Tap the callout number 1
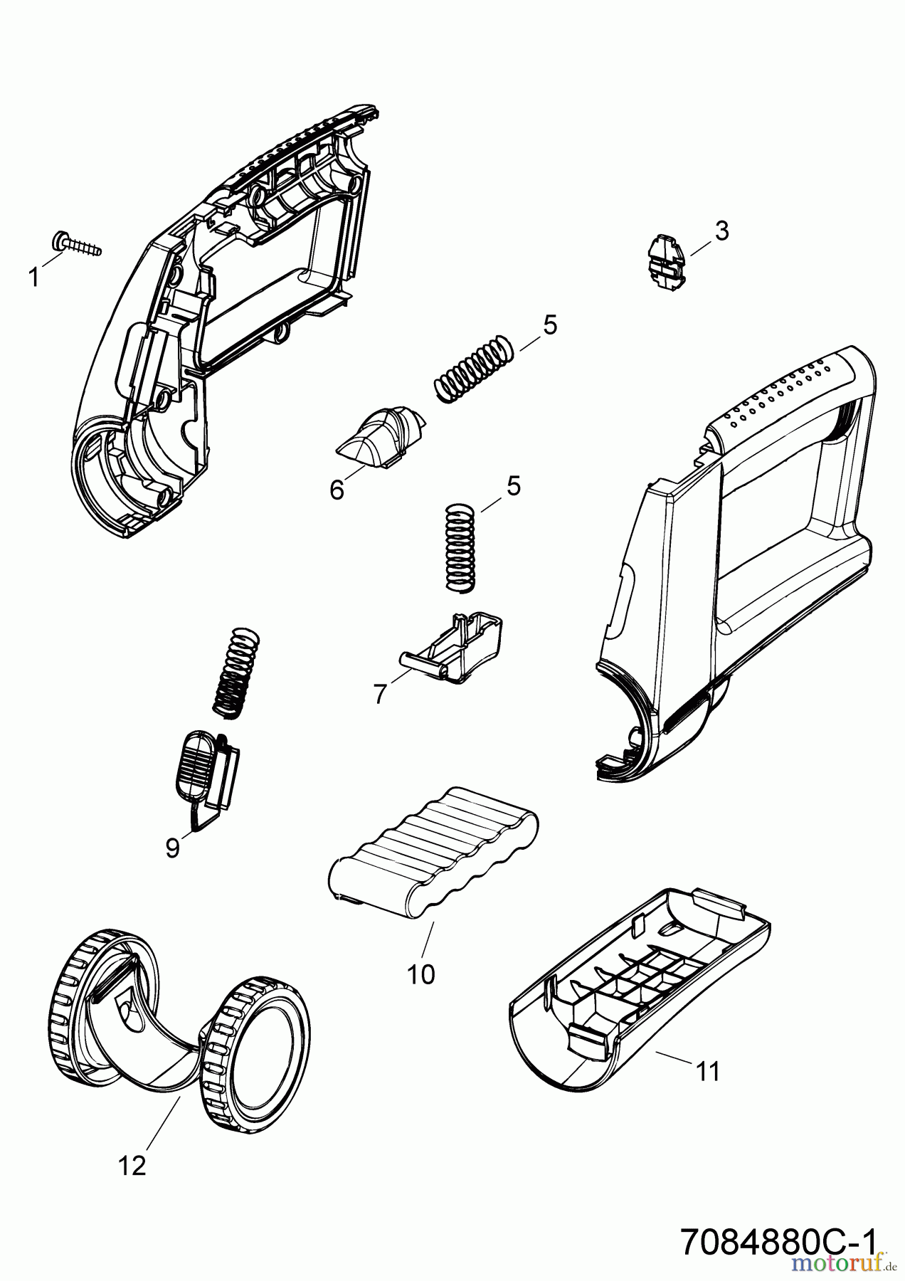33,278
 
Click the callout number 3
721,231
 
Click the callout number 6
337,490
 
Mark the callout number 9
173,848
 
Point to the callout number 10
420,974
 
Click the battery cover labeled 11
640,989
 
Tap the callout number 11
708,1071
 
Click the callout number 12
133,1165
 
